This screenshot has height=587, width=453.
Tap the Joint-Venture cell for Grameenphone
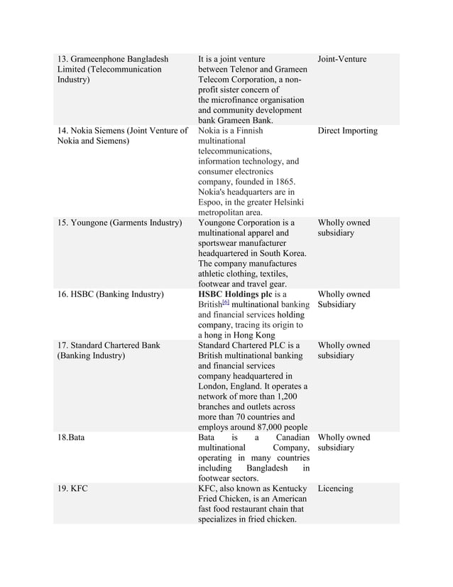[342, 59]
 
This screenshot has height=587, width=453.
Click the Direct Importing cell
[347, 131]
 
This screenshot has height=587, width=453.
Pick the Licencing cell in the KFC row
[335, 489]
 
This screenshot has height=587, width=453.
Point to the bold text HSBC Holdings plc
[235, 294]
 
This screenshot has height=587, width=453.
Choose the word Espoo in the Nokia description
[212, 202]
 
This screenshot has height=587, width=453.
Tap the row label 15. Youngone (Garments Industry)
[119, 222]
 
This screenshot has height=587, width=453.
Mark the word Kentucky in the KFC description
[286, 489]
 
